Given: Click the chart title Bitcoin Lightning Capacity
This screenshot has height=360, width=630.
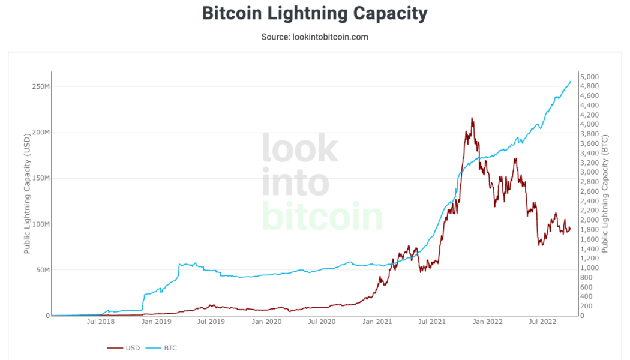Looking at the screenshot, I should point(314,13).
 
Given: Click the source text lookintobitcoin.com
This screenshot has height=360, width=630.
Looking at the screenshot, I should point(314,37).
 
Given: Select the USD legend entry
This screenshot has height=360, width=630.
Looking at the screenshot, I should point(124,347).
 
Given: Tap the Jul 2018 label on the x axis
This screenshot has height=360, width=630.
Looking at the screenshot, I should point(101,322).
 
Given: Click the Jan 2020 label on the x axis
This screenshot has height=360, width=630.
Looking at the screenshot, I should point(266,322).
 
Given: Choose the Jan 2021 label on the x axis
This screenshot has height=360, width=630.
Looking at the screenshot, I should point(377,322).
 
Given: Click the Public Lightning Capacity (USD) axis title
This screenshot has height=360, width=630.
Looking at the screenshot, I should point(27,195).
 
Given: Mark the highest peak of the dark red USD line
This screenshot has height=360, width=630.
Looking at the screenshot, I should point(472,118).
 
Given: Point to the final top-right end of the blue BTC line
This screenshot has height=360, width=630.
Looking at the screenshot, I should point(570,82).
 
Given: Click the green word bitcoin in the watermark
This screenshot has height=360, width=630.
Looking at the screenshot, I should point(322,216).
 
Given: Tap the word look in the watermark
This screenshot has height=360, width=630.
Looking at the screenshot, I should point(299,148).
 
